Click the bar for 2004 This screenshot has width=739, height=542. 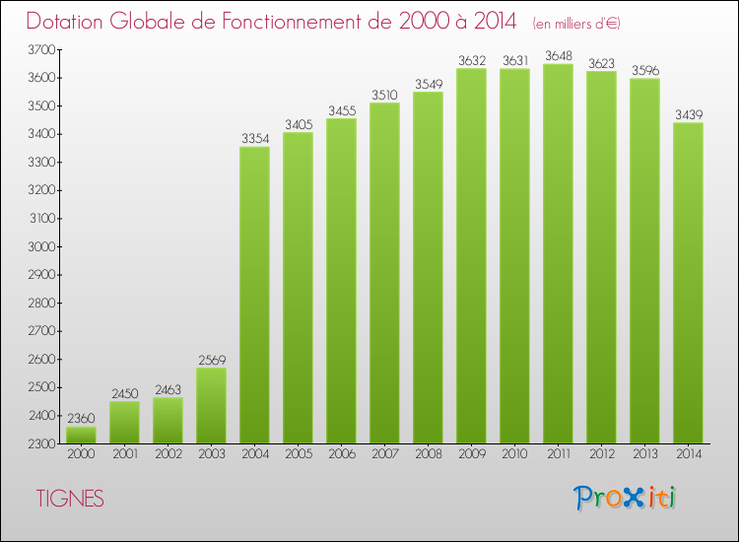254,296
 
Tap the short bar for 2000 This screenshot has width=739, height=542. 81,435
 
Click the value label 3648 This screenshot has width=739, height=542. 558,55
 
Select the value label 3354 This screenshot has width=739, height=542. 254,138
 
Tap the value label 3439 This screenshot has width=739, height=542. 688,114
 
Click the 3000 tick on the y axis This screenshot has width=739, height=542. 41,246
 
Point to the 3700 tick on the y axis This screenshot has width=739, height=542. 41,49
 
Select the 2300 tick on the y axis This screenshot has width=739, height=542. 41,444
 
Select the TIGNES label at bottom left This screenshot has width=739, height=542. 70,499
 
